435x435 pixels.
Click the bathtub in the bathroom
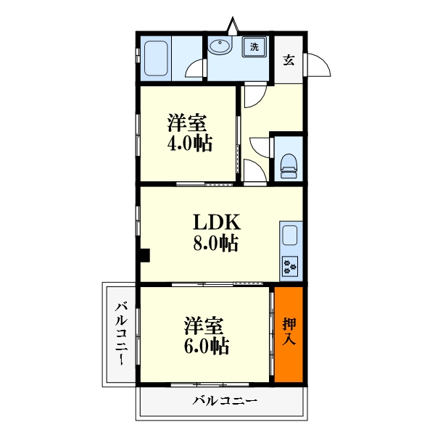pos(156,59)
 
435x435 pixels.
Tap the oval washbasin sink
pos(220,46)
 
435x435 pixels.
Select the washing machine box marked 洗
pos(254,46)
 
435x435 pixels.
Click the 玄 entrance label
pos(289,59)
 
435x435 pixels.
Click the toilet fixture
pos(289,166)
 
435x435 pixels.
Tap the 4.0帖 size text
pos(190,143)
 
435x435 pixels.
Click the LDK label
pos(217,223)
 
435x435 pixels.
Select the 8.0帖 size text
pos(216,243)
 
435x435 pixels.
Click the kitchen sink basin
pos(290,235)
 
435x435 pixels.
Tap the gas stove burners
pos(290,266)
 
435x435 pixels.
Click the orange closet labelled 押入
pos(289,334)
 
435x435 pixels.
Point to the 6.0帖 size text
pos(207,346)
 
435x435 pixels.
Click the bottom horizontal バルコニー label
pos(225,401)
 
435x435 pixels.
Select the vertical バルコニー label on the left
pos(121,334)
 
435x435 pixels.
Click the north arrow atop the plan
pos(233,26)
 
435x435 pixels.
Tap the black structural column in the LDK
pos(145,255)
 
